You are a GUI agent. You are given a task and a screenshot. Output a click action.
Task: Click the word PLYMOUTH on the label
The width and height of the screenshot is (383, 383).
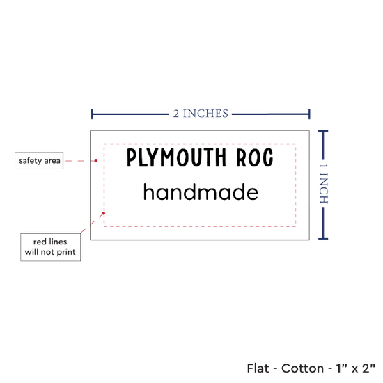pos(177,157)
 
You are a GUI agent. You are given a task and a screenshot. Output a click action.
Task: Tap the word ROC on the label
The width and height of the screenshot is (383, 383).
pos(254,157)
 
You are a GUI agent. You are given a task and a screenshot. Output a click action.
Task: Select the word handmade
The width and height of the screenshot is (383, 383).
pos(201,191)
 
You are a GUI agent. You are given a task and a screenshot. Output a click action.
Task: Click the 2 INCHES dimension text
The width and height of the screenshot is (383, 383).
pos(201,114)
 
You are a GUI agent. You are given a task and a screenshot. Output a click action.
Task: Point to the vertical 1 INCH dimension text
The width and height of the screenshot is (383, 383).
pos(324,184)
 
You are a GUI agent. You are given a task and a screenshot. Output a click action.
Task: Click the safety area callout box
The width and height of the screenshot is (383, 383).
pos(39,160)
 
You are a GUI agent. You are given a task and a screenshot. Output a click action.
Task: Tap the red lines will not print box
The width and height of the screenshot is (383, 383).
pos(51,247)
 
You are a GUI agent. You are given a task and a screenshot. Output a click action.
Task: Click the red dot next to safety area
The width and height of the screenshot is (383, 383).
pos(96,161)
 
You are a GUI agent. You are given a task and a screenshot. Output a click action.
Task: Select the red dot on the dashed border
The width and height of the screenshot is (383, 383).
pos(104,213)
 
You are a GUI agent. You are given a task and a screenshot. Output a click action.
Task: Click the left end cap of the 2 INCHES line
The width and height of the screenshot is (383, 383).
pos(92,114)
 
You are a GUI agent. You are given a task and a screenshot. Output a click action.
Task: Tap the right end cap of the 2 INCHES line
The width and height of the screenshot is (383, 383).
pos(309,114)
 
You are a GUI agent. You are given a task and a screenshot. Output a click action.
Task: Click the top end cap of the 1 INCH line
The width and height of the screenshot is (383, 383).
pos(323,132)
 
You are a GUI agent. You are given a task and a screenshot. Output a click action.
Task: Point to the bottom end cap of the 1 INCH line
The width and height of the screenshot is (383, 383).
pos(323,239)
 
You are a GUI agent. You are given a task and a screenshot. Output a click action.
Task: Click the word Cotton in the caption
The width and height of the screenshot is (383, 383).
pos(302,368)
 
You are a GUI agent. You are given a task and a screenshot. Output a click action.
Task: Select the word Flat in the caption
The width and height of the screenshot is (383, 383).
pos(258,368)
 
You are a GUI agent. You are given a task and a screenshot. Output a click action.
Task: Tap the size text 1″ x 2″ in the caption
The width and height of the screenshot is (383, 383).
pos(355,368)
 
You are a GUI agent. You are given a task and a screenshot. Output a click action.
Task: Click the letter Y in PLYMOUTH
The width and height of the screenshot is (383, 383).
pos(154,157)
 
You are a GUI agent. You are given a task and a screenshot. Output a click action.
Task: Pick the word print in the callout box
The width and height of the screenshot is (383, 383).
pos(66,252)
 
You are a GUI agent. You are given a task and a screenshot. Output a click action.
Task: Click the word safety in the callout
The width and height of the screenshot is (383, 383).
pos(30,161)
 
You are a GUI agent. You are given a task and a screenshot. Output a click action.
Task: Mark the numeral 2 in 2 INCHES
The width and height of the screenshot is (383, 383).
pos(176,114)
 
